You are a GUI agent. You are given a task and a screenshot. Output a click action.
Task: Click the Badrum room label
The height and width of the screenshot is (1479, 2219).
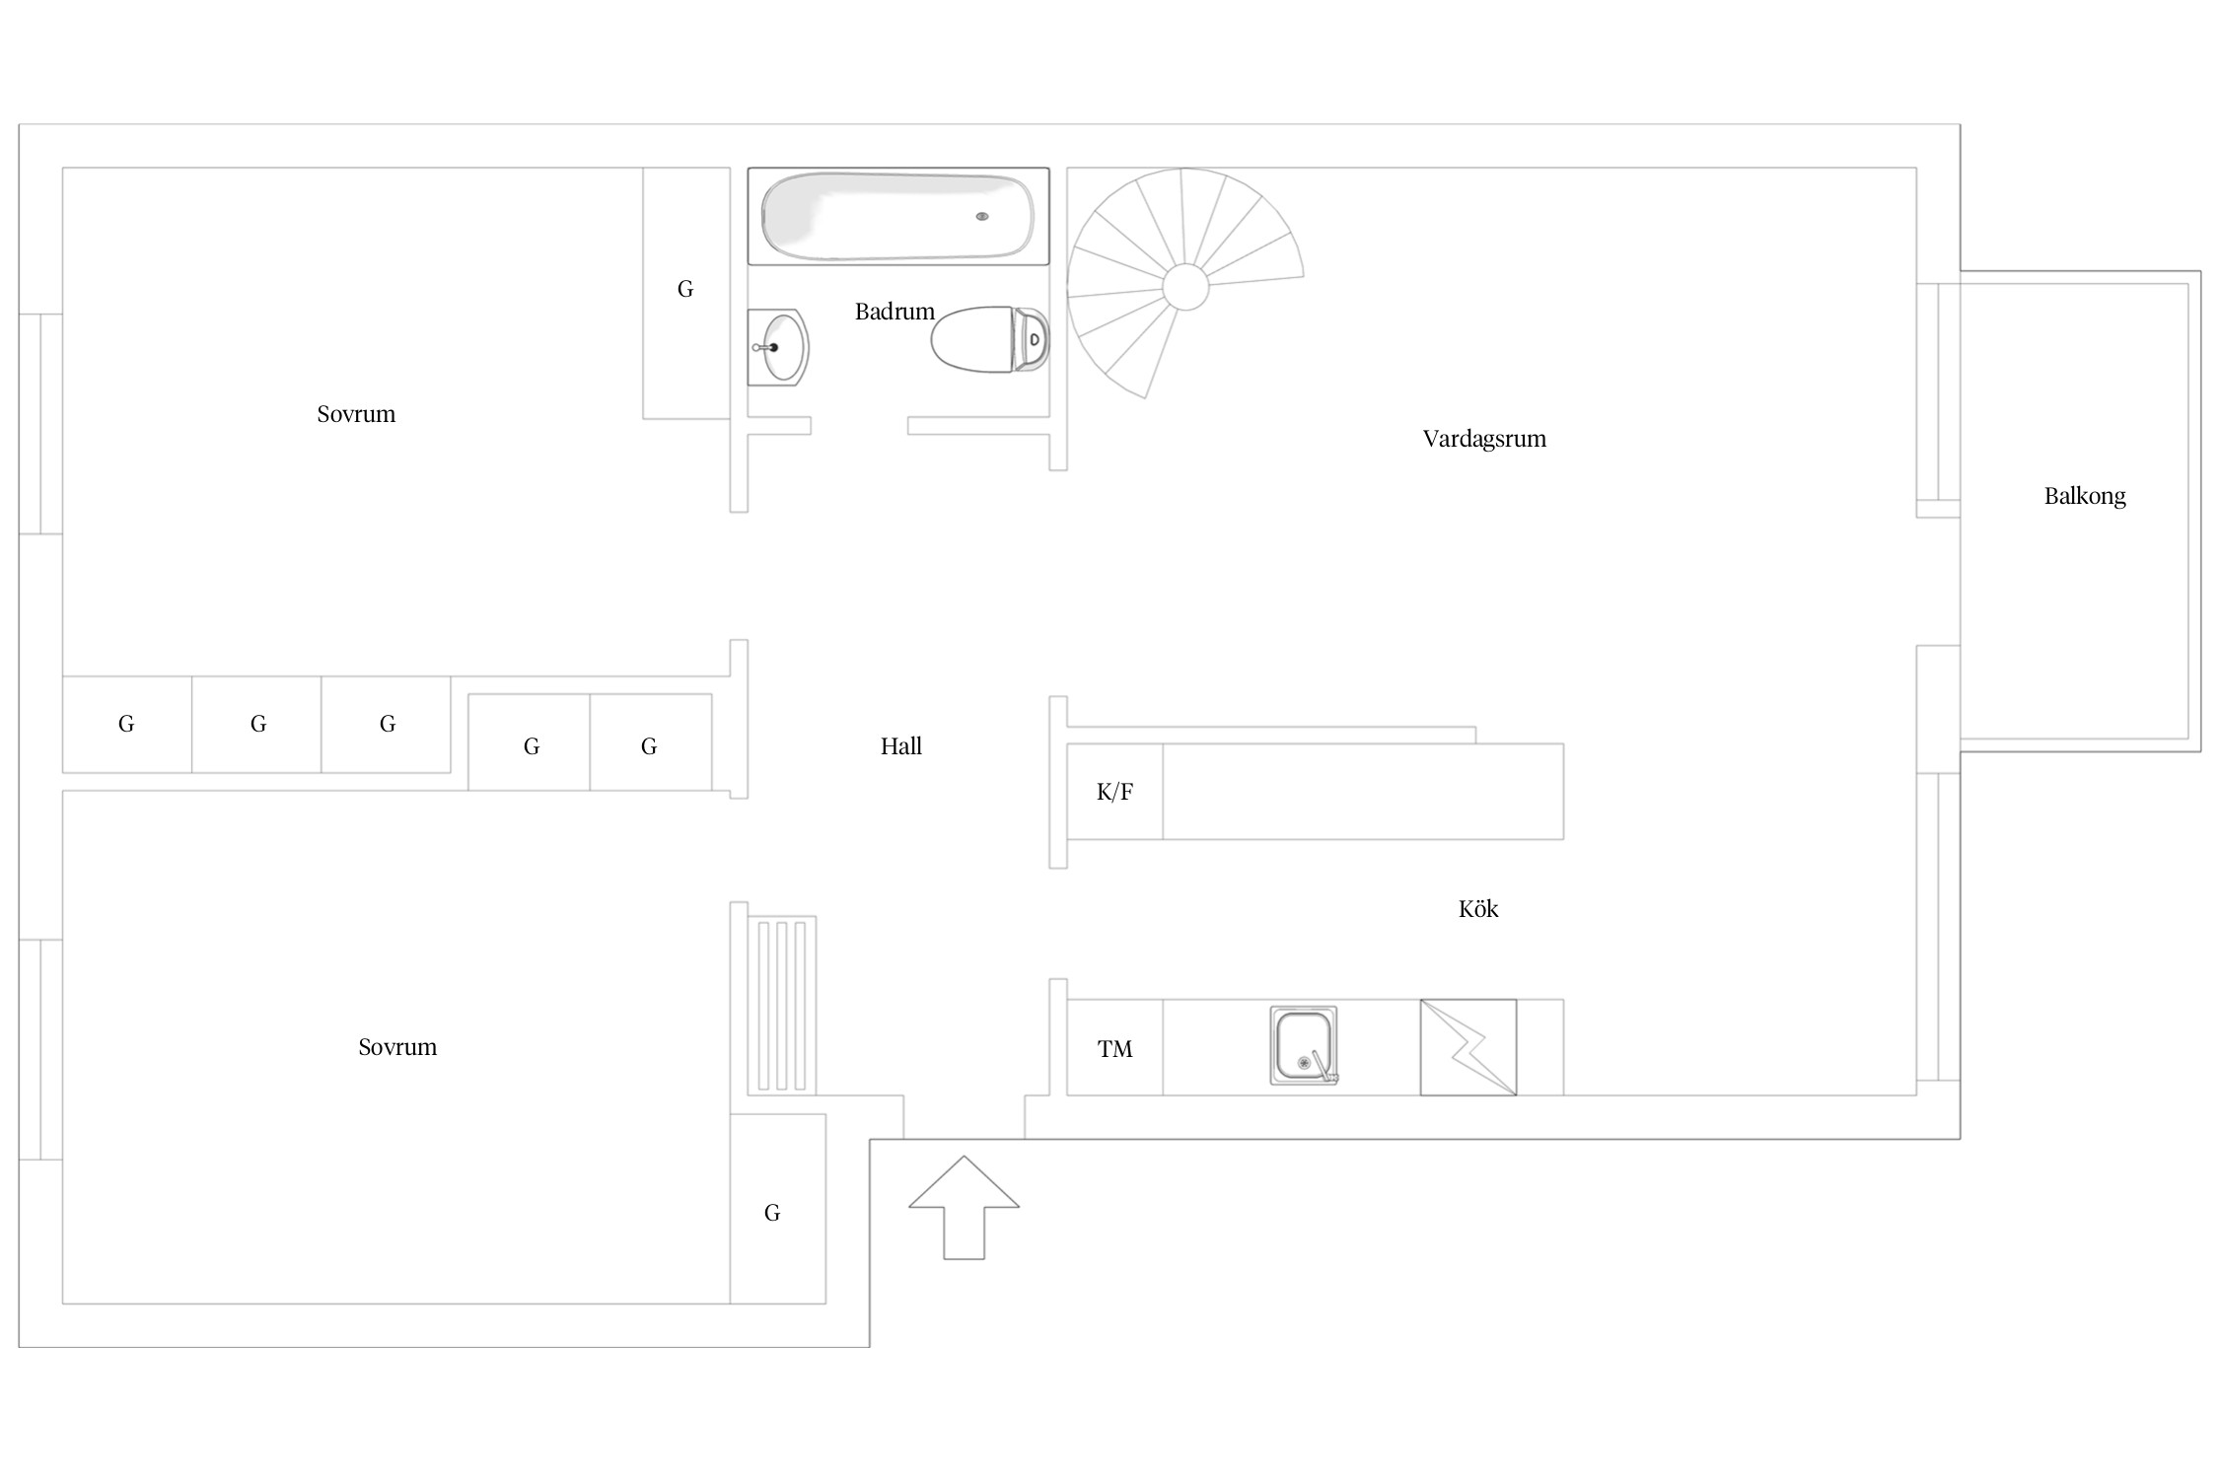895,312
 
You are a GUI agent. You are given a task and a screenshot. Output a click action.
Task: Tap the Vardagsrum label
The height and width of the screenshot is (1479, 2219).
1484,439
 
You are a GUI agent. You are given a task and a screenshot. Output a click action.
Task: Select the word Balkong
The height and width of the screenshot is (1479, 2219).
2085,496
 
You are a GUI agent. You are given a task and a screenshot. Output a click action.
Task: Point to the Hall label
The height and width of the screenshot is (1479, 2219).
901,746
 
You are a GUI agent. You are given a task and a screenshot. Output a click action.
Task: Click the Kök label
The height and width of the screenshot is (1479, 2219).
1478,909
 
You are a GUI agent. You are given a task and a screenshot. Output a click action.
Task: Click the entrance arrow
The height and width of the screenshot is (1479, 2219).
964,1208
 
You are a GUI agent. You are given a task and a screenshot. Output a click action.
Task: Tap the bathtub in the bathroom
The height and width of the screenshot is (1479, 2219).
898,216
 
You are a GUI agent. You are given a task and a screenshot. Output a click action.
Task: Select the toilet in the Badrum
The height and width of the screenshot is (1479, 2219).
990,339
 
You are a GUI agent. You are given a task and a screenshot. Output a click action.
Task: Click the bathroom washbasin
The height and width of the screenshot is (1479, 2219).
778,347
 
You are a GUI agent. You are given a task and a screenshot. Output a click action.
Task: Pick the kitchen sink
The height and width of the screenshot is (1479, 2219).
1304,1045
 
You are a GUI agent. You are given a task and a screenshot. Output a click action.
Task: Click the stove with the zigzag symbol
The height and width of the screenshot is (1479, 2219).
1468,1047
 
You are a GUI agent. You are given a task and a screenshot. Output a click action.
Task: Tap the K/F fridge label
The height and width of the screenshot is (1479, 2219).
1114,792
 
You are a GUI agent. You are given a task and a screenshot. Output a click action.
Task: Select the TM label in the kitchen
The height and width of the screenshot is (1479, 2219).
1115,1049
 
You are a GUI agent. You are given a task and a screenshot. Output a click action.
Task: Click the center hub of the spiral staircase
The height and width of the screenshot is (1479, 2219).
1185,287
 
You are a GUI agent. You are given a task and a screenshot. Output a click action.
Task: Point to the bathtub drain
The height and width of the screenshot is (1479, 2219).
982,216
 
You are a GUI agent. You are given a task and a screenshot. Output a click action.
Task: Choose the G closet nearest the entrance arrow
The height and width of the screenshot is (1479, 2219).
777,1209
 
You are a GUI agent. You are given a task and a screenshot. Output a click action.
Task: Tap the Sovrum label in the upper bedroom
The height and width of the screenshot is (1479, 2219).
356,414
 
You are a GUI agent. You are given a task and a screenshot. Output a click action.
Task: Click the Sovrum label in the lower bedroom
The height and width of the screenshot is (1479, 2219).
397,1047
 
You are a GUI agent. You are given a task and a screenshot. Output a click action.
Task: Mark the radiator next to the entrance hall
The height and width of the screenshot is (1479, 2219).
781,1006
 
